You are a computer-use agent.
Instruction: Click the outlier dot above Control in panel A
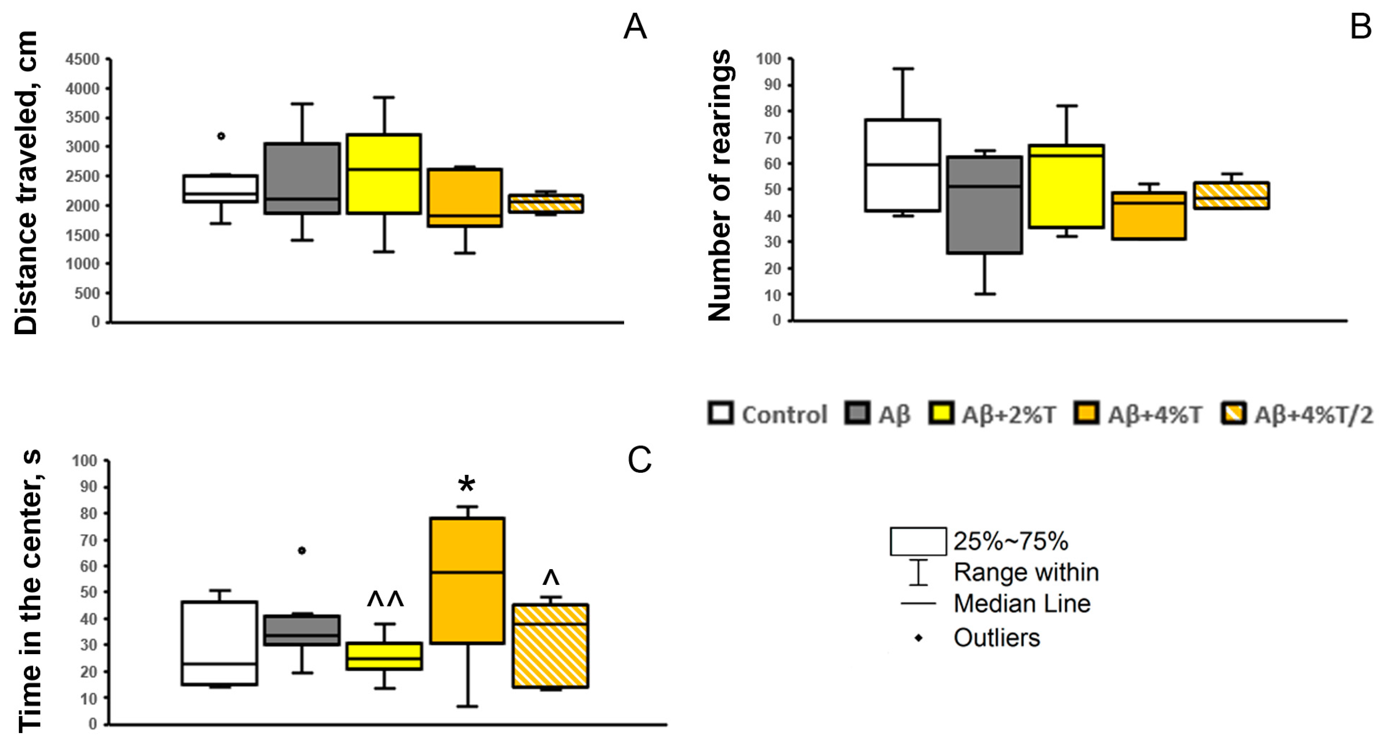point(221,136)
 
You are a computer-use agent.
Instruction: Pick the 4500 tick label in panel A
point(83,59)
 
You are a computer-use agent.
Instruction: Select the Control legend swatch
point(720,414)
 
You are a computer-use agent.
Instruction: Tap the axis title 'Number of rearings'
point(719,185)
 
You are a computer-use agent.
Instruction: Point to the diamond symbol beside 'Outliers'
point(918,638)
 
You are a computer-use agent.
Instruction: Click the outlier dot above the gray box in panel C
point(302,551)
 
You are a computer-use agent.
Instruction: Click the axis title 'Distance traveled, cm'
point(26,182)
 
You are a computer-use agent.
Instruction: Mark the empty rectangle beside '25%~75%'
point(918,541)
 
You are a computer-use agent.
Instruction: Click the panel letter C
point(639,460)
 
